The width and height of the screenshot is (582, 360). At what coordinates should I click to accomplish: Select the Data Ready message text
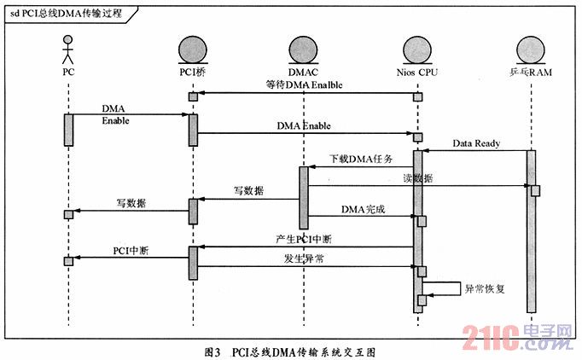(476, 143)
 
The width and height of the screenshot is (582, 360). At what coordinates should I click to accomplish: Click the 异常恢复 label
(484, 288)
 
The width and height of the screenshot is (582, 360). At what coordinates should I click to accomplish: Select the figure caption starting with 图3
(290, 350)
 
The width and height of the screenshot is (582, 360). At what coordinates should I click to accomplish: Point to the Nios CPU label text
(418, 73)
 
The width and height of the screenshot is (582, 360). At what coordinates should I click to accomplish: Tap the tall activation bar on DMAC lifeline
(303, 197)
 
